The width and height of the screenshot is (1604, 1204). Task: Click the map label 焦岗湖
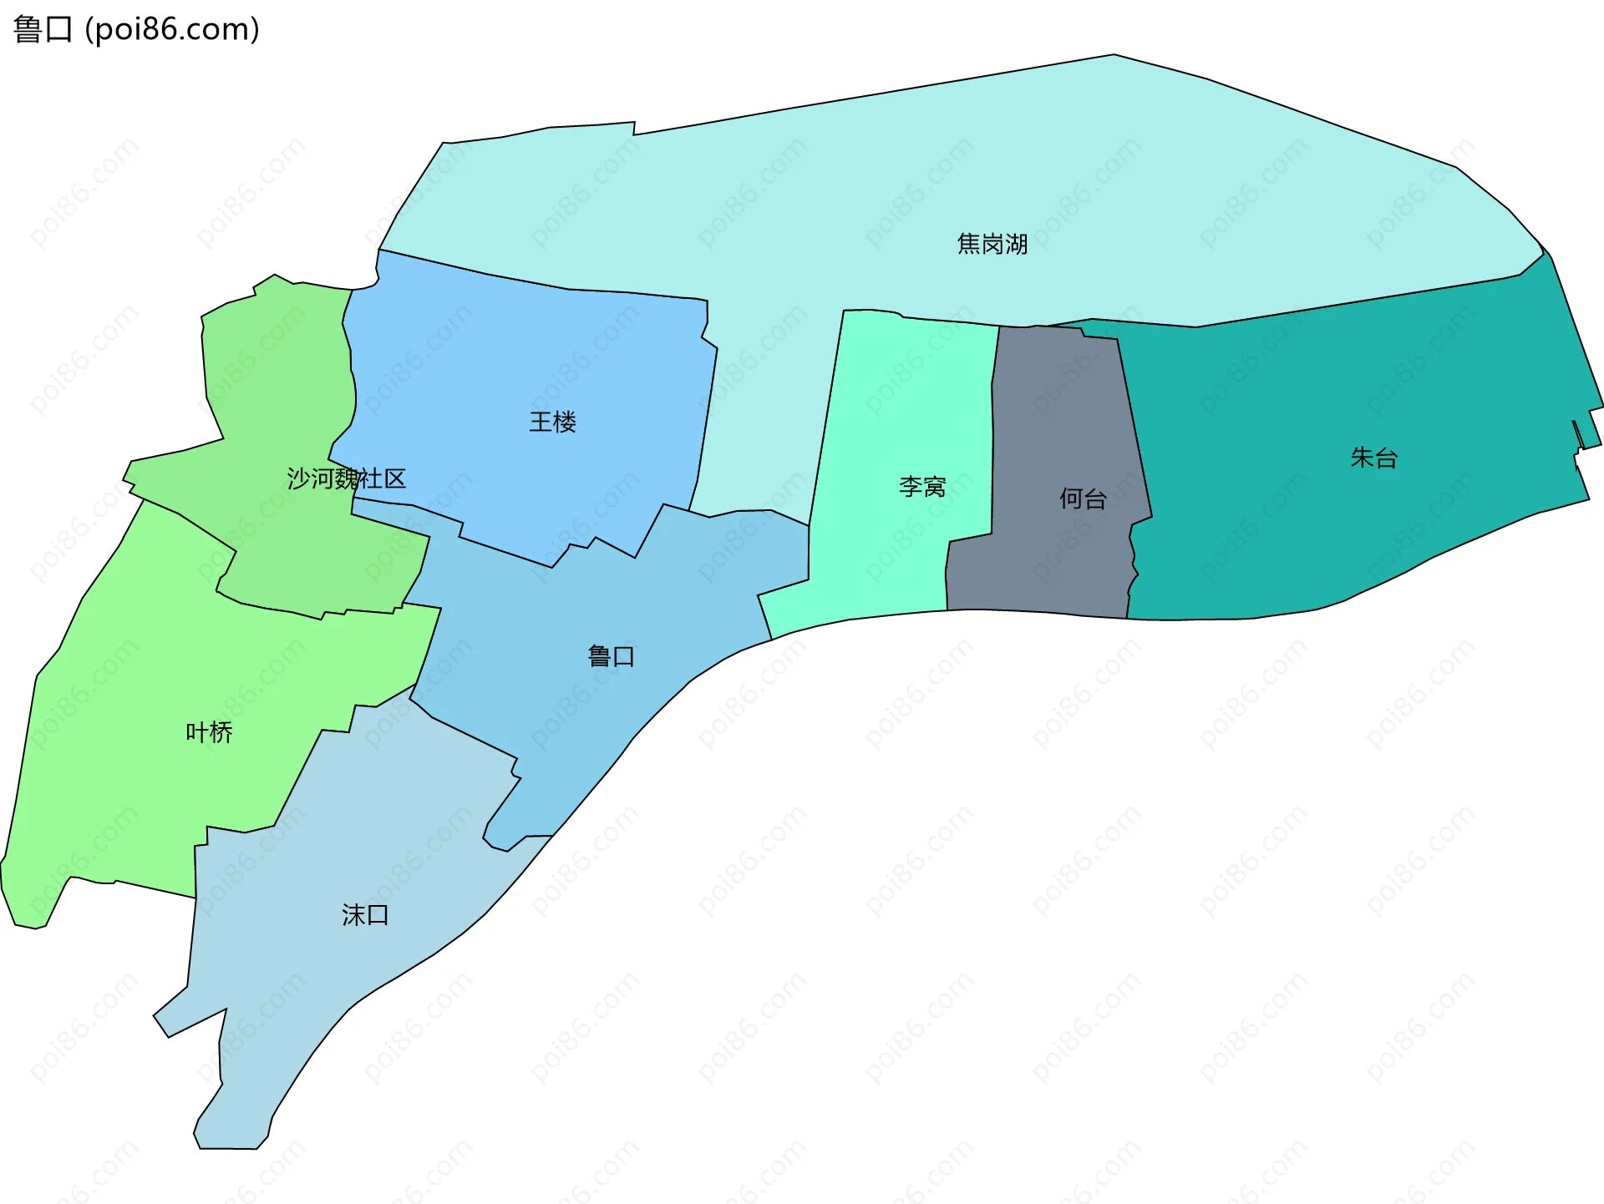pyautogui.click(x=992, y=244)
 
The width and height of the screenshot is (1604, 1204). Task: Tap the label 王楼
pyautogui.click(x=552, y=422)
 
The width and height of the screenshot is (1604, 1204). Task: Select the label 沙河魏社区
pyautogui.click(x=346, y=478)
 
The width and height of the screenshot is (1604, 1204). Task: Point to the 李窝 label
pyautogui.click(x=922, y=486)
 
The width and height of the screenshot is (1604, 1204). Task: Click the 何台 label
pyautogui.click(x=1083, y=498)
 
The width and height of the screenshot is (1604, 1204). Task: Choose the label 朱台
pyautogui.click(x=1373, y=458)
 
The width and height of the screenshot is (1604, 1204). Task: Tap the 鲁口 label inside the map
pyautogui.click(x=611, y=656)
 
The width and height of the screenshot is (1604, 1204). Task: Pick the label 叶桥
pyautogui.click(x=209, y=732)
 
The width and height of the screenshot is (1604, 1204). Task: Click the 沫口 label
pyautogui.click(x=365, y=915)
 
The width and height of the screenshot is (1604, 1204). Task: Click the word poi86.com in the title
pyautogui.click(x=173, y=29)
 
